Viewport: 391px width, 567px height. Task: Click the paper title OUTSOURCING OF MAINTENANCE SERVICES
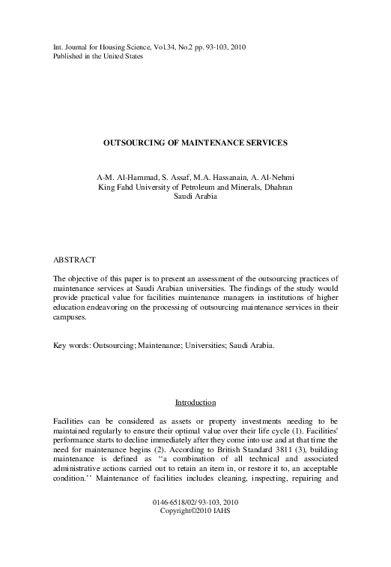195,141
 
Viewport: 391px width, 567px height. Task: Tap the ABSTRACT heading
73,259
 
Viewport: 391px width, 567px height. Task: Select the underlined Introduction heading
195,403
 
